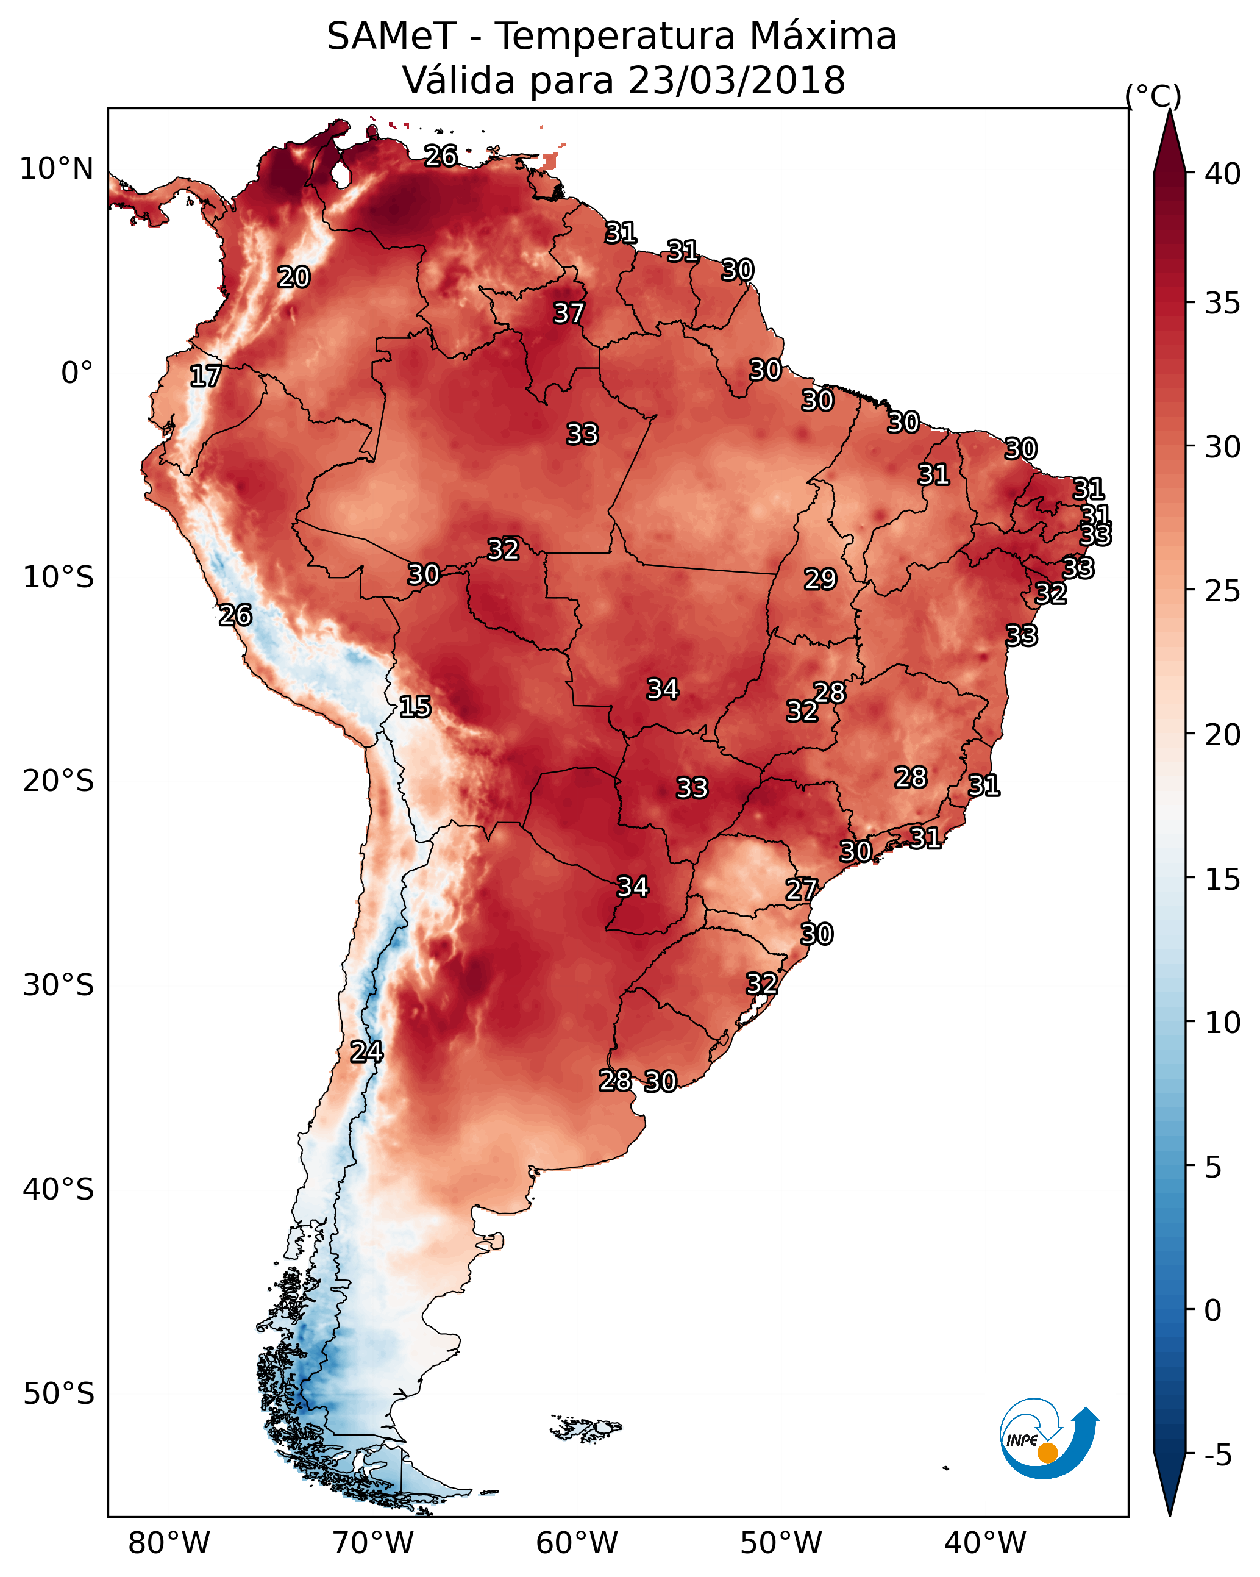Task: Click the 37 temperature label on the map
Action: pos(568,313)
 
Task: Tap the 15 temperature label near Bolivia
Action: pos(415,707)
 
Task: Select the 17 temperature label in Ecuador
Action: pos(205,376)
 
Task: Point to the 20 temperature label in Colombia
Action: pos(293,277)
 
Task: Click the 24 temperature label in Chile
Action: pos(366,1052)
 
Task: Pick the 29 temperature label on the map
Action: pos(820,579)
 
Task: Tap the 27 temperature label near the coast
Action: pos(801,890)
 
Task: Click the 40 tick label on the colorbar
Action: pos(1223,174)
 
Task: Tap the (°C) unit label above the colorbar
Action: pos(1153,96)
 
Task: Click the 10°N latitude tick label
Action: pos(56,169)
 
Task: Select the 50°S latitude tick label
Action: pos(59,1394)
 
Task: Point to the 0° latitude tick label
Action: pos(77,373)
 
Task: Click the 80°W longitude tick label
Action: pos(169,1543)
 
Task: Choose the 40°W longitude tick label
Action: pos(985,1543)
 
